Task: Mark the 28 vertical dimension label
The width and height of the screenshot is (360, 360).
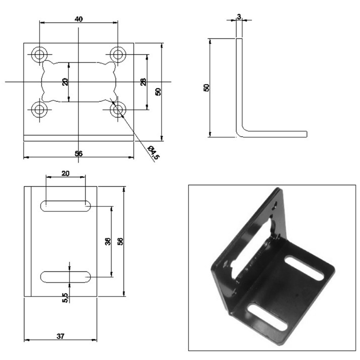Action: (x=143, y=82)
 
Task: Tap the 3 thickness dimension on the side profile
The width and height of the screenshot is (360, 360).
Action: (x=238, y=17)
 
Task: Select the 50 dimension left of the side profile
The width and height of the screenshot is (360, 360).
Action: (x=207, y=88)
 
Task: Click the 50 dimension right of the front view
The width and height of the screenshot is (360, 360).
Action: (x=158, y=91)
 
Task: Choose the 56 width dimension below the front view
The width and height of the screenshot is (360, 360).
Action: (x=78, y=153)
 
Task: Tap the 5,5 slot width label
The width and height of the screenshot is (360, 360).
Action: (x=65, y=297)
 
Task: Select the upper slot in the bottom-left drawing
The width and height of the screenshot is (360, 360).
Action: (x=66, y=206)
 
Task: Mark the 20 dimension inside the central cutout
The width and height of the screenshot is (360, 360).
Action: (x=65, y=82)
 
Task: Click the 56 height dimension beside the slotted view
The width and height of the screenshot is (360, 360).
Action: (x=120, y=241)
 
